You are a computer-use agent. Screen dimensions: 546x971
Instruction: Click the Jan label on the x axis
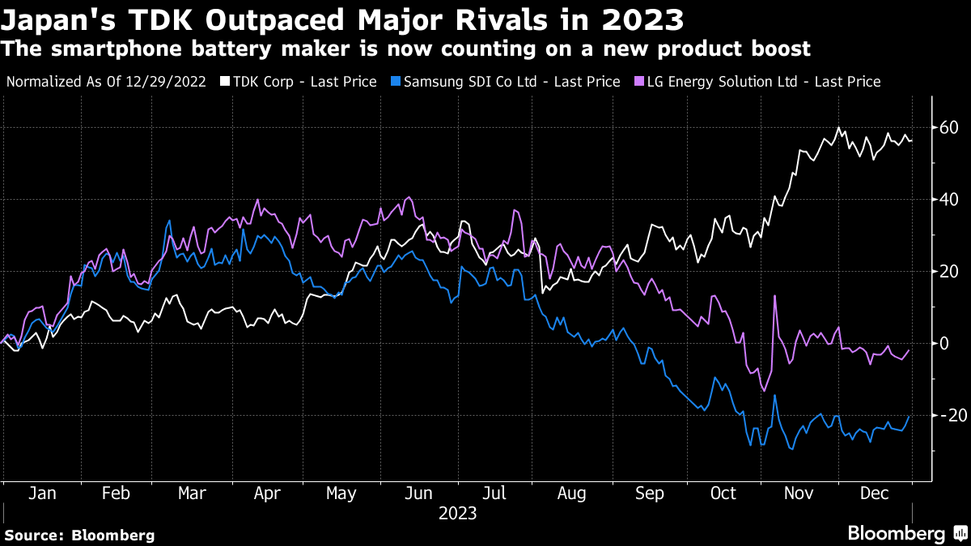[42, 493]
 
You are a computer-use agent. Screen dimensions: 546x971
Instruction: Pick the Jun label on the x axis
[418, 493]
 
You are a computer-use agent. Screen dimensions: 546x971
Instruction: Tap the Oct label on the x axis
[723, 493]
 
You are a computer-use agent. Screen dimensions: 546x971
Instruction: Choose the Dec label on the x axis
[874, 493]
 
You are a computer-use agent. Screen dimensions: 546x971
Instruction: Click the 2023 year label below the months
[457, 513]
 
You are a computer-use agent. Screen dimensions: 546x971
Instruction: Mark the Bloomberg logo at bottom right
[905, 533]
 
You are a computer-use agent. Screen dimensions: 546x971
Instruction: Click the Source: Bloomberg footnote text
[79, 535]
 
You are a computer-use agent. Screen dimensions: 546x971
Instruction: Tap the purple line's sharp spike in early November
[775, 296]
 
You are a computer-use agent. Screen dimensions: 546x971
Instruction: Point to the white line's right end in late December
[911, 141]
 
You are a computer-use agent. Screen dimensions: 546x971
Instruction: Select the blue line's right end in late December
[910, 417]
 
